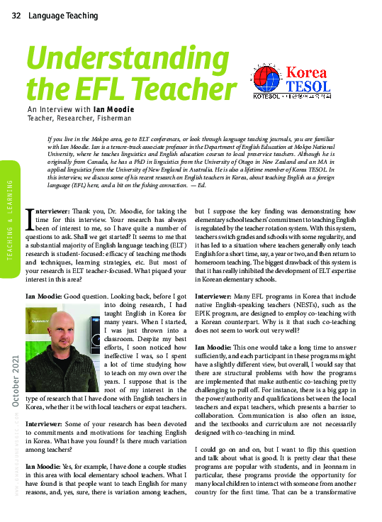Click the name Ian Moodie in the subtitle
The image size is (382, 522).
click(x=113, y=110)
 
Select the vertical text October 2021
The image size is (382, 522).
click(x=16, y=382)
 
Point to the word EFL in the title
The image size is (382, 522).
click(x=97, y=90)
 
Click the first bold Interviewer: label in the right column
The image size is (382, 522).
click(x=215, y=291)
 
